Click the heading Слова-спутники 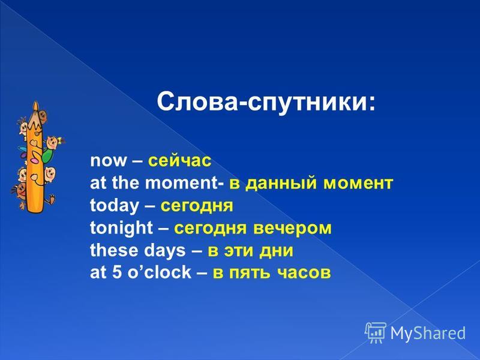tap(266, 103)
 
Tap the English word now tap(109, 161)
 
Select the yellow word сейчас tap(179, 161)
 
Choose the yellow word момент tap(358, 184)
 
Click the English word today tap(115, 206)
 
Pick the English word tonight tap(121, 228)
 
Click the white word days tap(164, 251)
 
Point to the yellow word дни tap(277, 251)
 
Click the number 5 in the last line tap(117, 272)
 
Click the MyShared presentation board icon tap(376, 333)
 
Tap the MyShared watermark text tap(428, 333)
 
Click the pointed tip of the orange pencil tap(36, 102)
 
